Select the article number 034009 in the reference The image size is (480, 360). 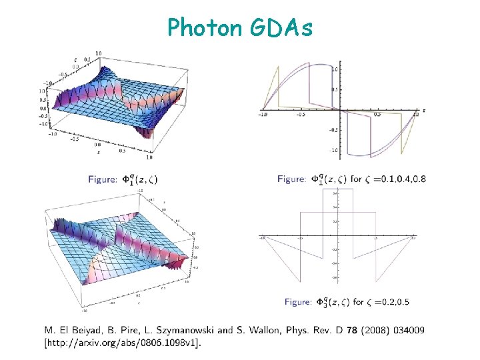[x=409, y=330]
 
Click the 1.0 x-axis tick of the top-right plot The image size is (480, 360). [x=415, y=114]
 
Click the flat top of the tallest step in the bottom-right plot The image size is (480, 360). [x=337, y=189]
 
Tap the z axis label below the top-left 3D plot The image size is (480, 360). [x=98, y=151]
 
